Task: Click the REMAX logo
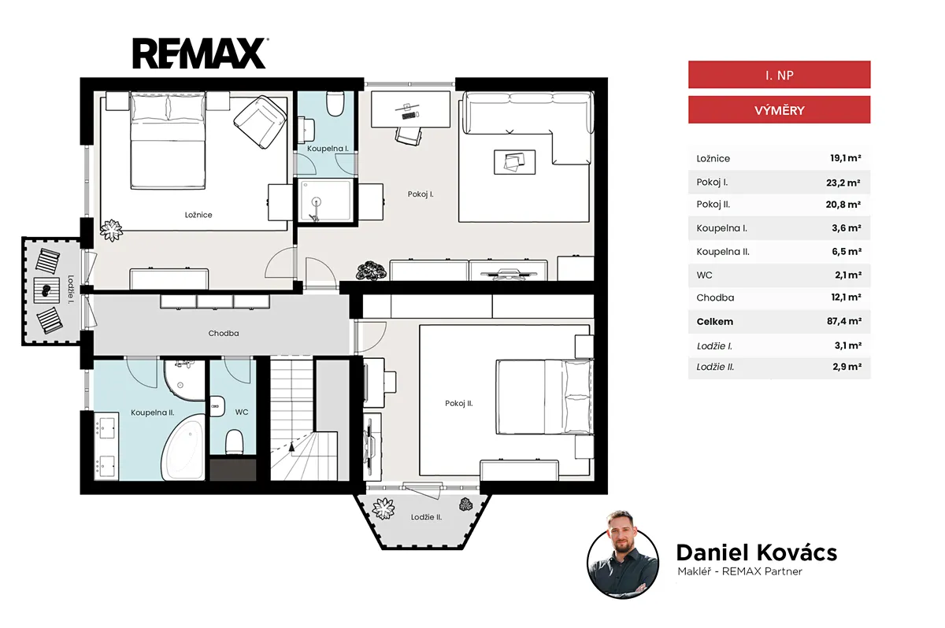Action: (200, 53)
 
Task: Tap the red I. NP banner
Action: (779, 75)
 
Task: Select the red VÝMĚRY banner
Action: (779, 110)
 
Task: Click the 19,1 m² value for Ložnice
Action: (845, 158)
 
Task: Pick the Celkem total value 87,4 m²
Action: (843, 321)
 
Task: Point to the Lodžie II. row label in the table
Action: (715, 367)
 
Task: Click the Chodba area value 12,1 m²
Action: (846, 297)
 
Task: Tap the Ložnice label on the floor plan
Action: (198, 215)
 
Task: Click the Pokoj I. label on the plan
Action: (421, 194)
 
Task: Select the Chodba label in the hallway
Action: (224, 334)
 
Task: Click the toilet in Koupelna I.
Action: (335, 104)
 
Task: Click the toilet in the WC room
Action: (234, 442)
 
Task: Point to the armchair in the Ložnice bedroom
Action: (260, 122)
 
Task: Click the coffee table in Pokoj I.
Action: (515, 162)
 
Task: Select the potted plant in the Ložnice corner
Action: (111, 231)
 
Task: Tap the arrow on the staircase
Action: (291, 447)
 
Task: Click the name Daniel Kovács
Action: (757, 552)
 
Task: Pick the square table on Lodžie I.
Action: (46, 290)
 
